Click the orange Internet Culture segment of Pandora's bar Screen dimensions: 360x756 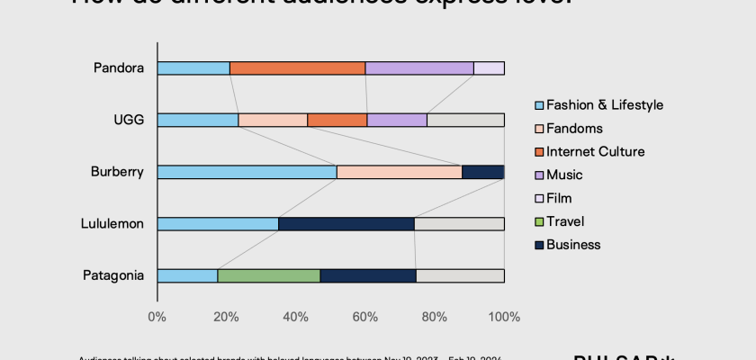point(297,68)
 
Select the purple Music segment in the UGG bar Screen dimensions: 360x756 point(397,120)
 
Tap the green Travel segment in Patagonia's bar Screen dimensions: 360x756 point(268,276)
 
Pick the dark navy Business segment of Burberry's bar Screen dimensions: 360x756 point(482,172)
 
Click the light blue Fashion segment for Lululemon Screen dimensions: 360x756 point(218,224)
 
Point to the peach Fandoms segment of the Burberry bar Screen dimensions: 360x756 point(399,172)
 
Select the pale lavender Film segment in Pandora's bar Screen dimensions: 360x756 point(489,68)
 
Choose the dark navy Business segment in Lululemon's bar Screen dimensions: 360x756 point(346,224)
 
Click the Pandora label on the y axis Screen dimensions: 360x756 point(119,67)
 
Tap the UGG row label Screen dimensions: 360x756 point(128,120)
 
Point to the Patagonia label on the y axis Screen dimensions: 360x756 point(114,275)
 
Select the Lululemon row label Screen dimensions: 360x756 point(112,224)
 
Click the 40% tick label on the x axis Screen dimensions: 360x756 point(296,317)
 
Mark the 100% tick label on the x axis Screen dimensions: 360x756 point(504,317)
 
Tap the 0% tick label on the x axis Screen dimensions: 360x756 point(157,317)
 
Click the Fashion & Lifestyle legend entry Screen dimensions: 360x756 point(604,104)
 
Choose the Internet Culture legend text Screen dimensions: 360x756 point(595,151)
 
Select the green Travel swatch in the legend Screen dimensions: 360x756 point(538,221)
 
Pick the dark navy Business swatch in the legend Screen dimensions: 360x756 point(538,245)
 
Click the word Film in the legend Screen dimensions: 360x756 point(559,198)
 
